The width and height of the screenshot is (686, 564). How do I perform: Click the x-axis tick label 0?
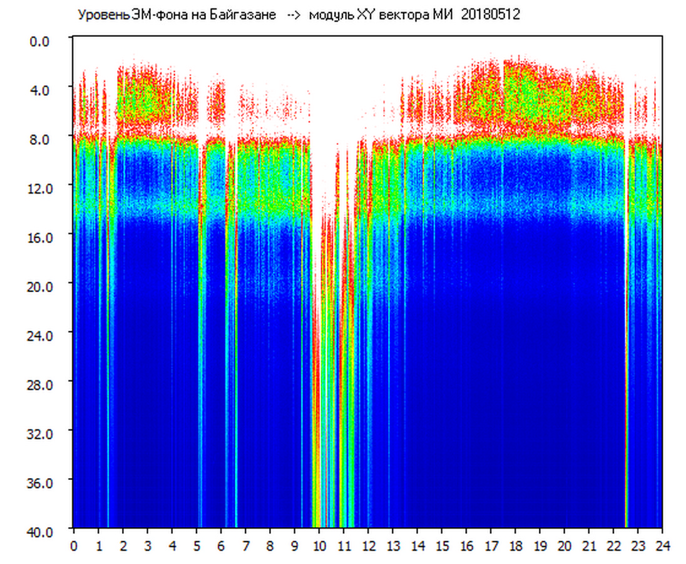(74, 546)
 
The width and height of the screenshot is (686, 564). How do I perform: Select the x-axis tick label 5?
(197, 546)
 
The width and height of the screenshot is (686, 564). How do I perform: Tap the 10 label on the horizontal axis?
(319, 546)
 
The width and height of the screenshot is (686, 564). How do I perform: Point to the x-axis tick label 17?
(491, 546)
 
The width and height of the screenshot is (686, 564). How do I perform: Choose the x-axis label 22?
(614, 546)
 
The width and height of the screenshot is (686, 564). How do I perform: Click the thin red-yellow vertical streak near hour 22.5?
(626, 376)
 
